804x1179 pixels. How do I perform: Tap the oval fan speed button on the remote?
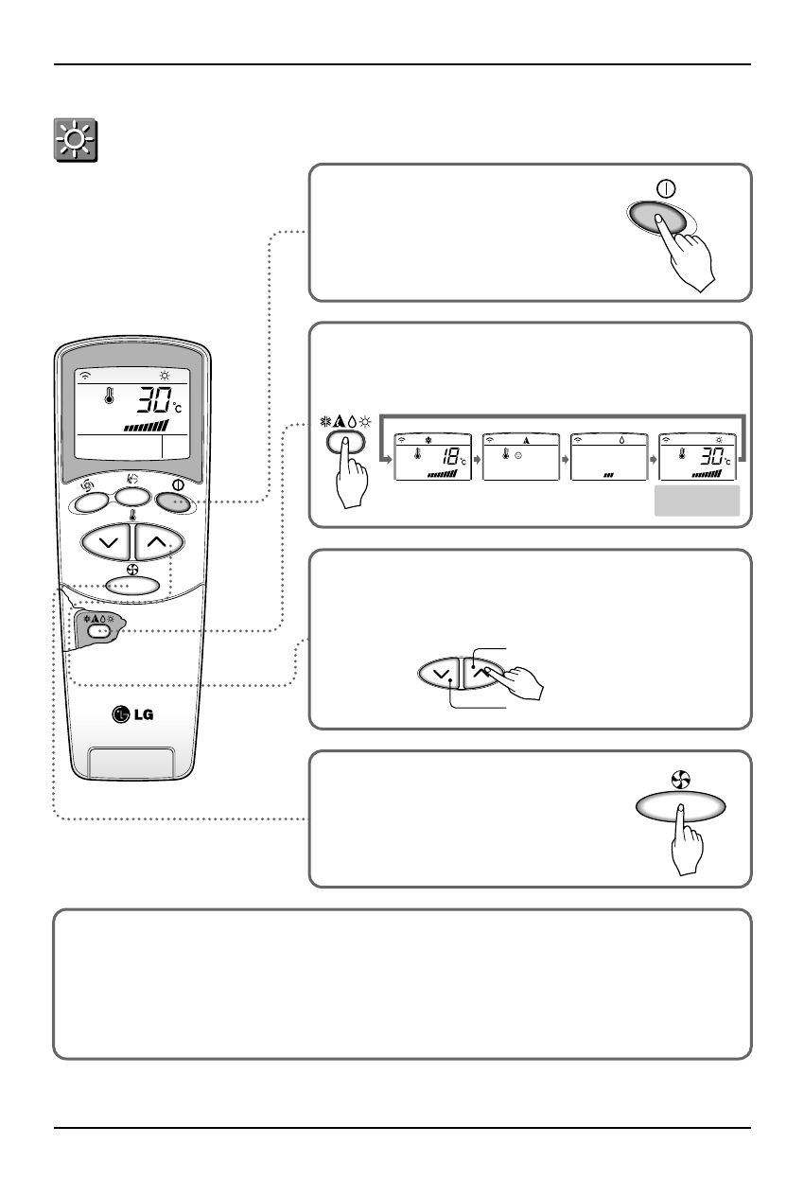click(x=132, y=585)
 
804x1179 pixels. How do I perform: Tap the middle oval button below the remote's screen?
click(x=132, y=497)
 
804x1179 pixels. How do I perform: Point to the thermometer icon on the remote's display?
click(x=111, y=396)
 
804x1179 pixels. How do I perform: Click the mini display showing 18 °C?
click(x=431, y=456)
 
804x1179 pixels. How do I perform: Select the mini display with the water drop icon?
click(x=608, y=456)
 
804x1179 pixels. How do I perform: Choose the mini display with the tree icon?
click(x=519, y=456)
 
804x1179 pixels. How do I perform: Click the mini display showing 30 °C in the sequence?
click(x=696, y=456)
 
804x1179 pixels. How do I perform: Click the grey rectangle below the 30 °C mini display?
click(x=697, y=502)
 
